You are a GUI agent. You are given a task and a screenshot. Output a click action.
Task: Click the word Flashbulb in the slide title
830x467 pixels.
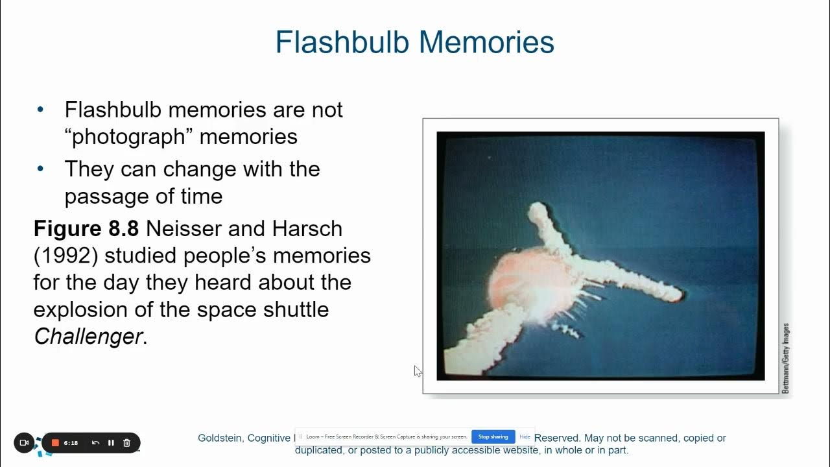tap(342, 42)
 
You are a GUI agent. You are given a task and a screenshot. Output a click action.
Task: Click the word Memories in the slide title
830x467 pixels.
tap(486, 42)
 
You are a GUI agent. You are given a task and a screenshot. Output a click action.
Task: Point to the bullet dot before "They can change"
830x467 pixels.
tap(41, 169)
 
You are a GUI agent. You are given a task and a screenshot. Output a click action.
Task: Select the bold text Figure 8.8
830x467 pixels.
tap(86, 229)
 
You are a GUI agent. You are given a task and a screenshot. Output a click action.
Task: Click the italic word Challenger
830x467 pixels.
tap(88, 337)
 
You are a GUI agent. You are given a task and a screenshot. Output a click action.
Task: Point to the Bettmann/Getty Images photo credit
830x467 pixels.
tap(785, 358)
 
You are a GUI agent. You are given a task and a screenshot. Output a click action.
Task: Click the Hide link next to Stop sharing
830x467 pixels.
tap(525, 437)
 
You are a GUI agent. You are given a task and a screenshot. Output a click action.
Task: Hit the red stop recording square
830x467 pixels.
tap(56, 443)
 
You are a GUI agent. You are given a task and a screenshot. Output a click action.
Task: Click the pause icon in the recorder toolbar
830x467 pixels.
tap(111, 443)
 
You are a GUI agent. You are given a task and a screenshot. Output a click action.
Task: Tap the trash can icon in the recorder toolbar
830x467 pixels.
tap(126, 443)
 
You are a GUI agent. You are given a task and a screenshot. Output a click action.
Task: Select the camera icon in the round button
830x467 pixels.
tap(24, 443)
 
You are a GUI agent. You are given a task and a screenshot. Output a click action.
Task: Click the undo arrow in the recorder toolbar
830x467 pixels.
tap(95, 443)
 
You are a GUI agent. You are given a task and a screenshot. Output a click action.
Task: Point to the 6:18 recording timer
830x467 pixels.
tap(71, 443)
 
